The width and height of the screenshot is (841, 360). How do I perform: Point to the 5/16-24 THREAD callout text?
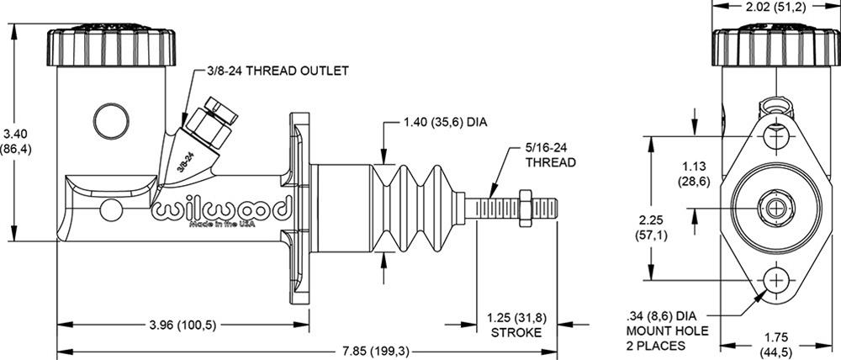coord(552,154)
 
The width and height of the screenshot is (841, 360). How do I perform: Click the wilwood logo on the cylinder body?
coord(221,208)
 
